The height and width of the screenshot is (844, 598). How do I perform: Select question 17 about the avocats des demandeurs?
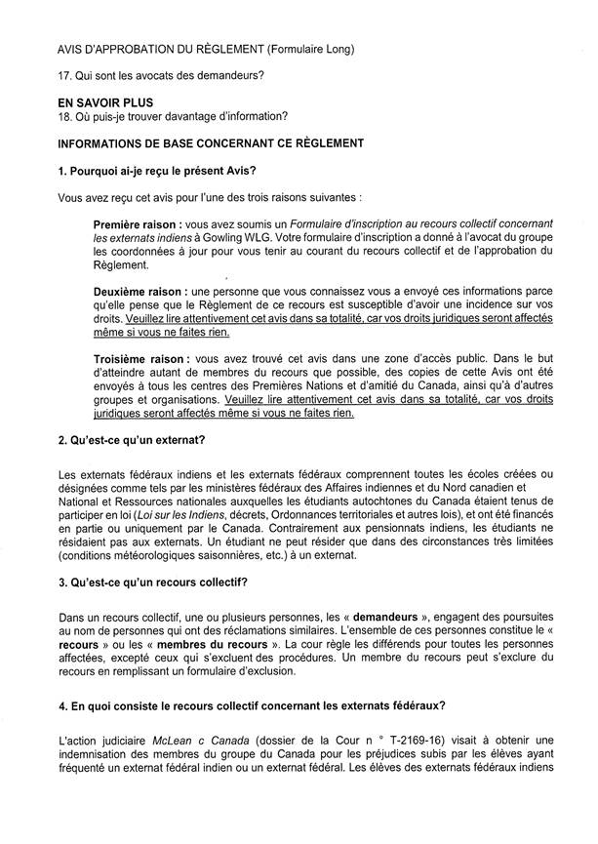(155, 75)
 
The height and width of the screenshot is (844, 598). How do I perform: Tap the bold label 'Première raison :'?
(138, 224)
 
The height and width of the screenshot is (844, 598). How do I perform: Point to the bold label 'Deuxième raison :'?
(140, 291)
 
